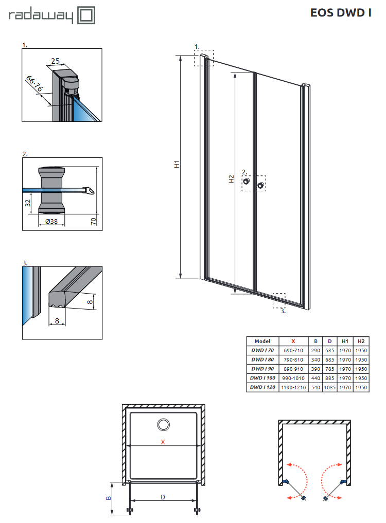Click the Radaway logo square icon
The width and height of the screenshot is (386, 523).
pos(86,15)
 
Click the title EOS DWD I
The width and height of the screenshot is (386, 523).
pos(341,13)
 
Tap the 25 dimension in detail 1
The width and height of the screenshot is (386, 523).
pos(56,61)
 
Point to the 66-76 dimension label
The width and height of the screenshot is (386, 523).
pos(35,83)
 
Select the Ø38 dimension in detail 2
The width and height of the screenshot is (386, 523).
pos(51,222)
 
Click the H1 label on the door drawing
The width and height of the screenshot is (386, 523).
pos(176,165)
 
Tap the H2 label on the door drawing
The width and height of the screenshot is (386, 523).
pos(232,178)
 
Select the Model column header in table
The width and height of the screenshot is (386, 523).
pos(262,341)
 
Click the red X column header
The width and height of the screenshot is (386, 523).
pos(293,341)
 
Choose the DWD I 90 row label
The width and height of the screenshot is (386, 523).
pos(262,369)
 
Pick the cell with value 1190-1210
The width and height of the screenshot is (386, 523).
pos(293,387)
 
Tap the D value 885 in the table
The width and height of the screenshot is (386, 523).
pos(330,378)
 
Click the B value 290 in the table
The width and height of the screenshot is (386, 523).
pos(315,350)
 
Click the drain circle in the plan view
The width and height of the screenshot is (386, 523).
pos(164,424)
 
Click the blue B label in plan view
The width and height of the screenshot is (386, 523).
pos(108,498)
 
